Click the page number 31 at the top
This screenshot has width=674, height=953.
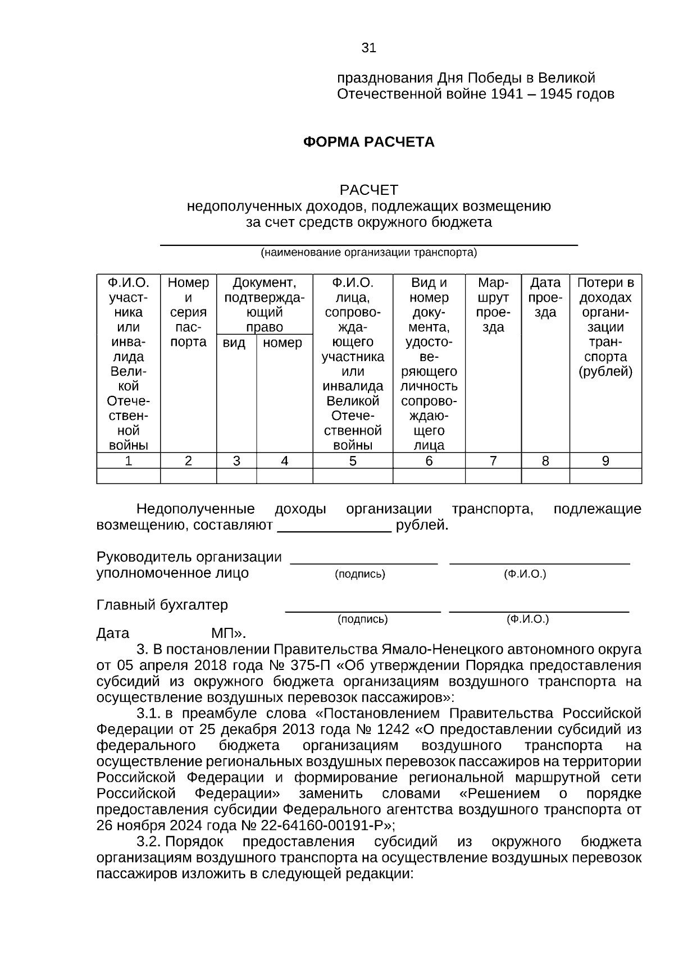[x=368, y=48]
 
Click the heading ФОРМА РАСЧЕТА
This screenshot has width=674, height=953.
[x=368, y=142]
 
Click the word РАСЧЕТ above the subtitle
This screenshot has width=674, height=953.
[x=368, y=190]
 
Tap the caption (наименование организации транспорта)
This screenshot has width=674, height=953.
[x=368, y=253]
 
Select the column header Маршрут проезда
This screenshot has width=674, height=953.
[x=493, y=305]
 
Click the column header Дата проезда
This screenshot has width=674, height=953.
[x=545, y=298]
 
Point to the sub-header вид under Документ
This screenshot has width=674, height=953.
[x=234, y=343]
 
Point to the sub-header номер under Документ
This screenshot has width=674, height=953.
[x=283, y=343]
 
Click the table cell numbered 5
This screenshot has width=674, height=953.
[x=352, y=461]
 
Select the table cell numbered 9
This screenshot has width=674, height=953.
[x=605, y=461]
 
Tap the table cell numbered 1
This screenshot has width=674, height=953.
[x=129, y=461]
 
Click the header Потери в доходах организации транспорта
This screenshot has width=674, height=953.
[x=605, y=327]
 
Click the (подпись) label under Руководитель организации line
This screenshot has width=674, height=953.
[x=360, y=574]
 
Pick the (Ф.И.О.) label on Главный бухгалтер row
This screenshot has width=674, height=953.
[x=527, y=619]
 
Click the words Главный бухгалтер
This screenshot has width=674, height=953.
[x=162, y=605]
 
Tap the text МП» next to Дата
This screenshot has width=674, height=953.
[x=228, y=633]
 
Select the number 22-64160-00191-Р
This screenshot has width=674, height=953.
[x=322, y=826]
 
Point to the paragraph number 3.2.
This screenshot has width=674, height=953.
[x=149, y=842]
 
